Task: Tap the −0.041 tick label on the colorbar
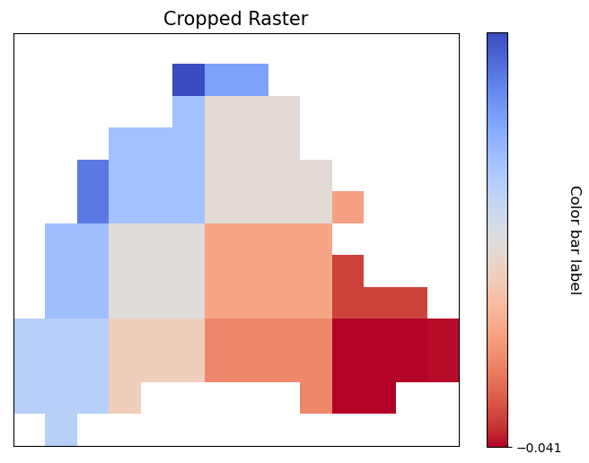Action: click(539, 448)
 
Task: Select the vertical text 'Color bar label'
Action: click(575, 240)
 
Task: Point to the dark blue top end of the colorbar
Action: click(497, 39)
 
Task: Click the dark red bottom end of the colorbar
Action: click(497, 440)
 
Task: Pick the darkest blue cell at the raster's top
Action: click(189, 80)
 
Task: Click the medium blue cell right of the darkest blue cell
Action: click(236, 80)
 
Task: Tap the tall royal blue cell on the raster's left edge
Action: click(92, 191)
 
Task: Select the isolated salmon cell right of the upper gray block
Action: click(347, 207)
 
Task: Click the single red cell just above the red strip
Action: click(347, 271)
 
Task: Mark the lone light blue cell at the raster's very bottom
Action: click(61, 430)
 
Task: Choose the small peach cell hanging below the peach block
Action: click(125, 397)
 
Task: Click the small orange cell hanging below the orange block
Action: click(316, 397)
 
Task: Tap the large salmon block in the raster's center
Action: click(268, 270)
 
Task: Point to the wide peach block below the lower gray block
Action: click(156, 350)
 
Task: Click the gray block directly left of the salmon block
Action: click(156, 270)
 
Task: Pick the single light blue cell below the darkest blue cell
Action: click(189, 111)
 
